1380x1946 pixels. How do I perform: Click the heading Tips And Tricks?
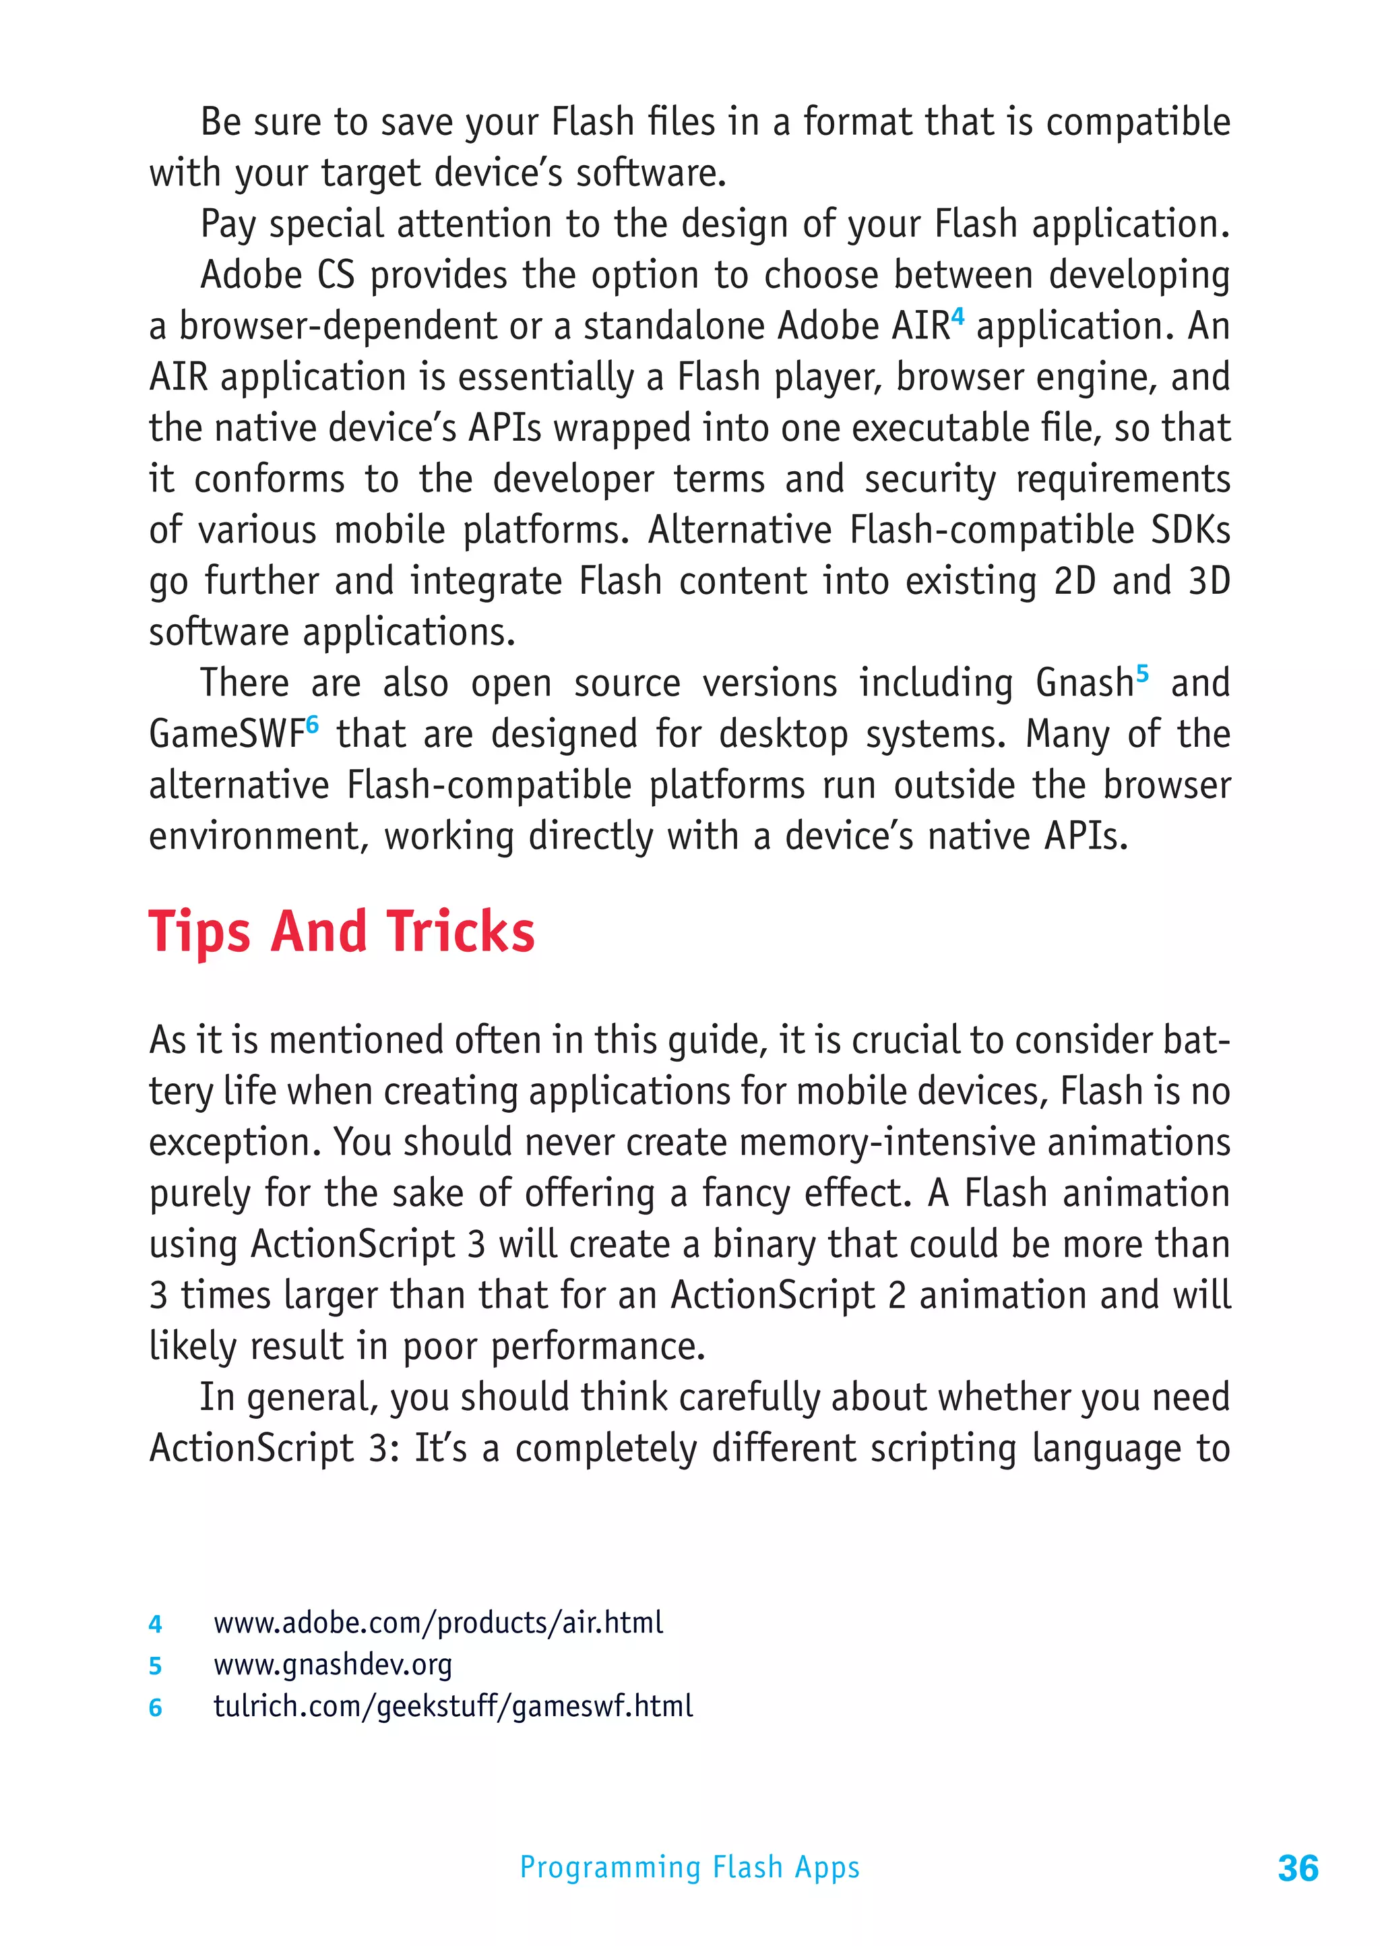coord(342,932)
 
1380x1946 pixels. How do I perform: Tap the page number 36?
coord(1298,1868)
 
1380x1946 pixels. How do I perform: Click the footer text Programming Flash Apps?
coord(689,1867)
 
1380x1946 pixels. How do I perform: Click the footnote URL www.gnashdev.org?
coord(332,1665)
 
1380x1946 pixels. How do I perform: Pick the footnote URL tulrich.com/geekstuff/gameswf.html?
coord(453,1705)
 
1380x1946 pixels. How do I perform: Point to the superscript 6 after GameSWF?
coord(312,724)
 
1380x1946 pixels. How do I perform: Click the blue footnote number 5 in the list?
coord(155,1666)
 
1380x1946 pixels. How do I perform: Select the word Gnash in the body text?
coord(1084,683)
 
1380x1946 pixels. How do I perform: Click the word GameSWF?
coord(226,734)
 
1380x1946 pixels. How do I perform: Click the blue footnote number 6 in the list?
coord(155,1707)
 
